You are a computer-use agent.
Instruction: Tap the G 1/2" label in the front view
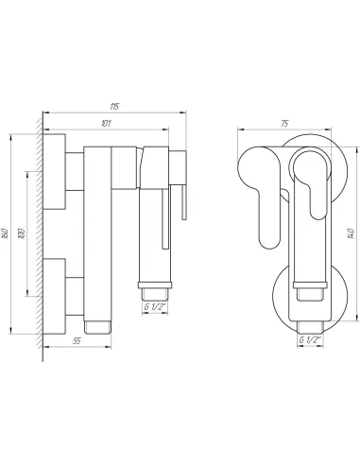point(309,340)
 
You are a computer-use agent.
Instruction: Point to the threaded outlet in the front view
point(309,306)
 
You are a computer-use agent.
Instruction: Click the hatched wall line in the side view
point(41,236)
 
